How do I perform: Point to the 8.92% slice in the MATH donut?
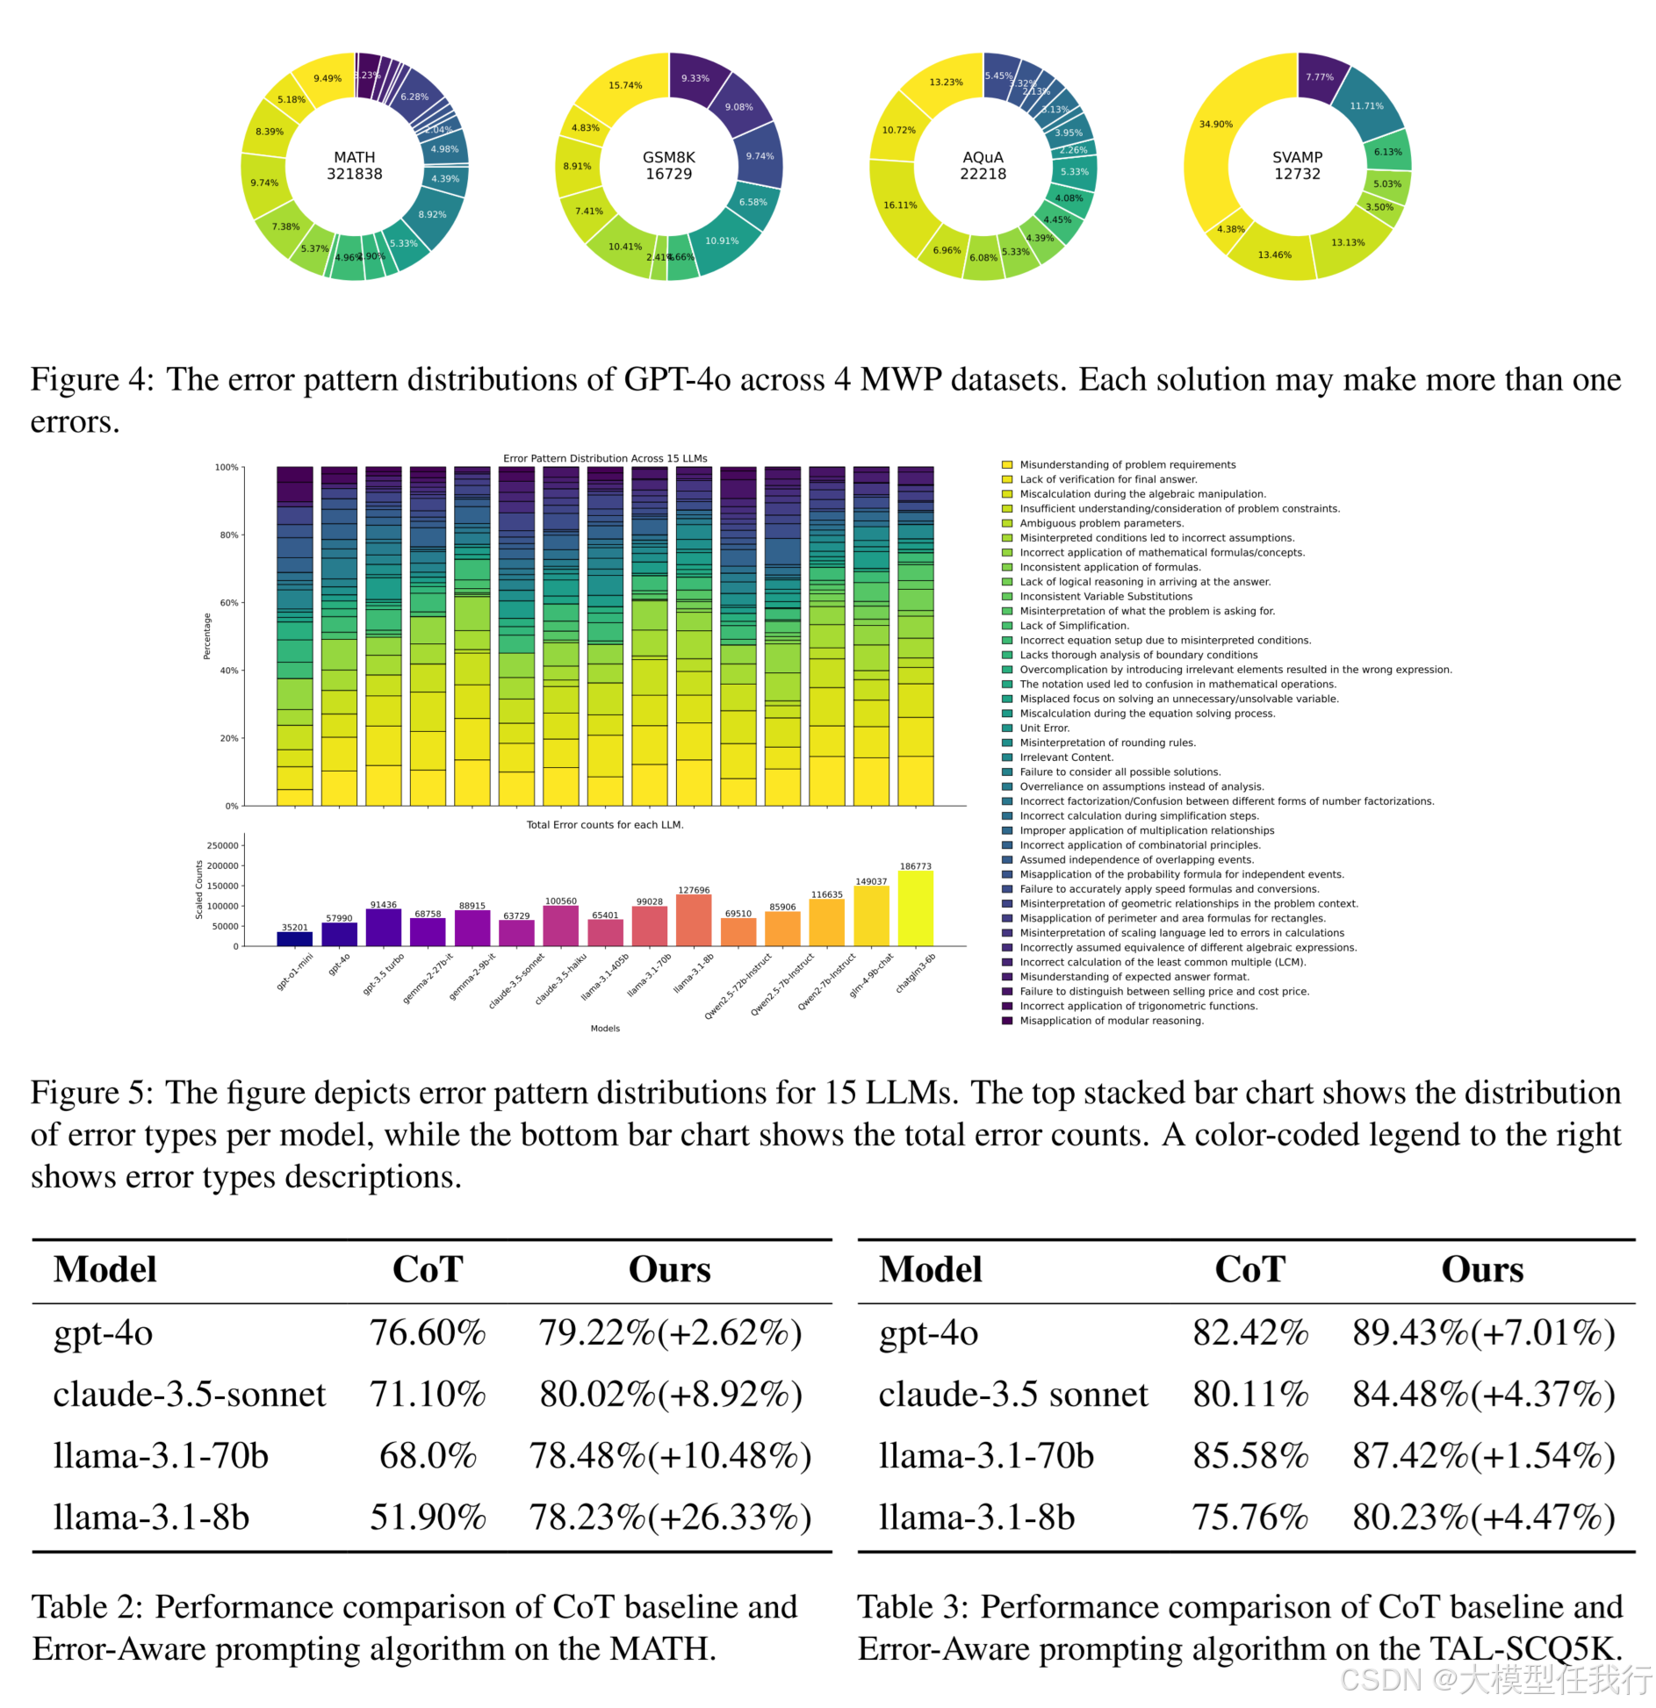pos(432,214)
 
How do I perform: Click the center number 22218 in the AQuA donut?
pos(983,174)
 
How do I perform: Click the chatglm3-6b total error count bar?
pos(915,908)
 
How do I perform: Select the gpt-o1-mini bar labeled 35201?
pos(295,938)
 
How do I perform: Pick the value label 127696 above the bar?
pos(694,890)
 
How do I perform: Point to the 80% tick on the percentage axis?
pos(229,535)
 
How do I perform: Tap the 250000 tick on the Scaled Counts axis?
pos(223,845)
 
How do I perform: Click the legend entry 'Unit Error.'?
pos(1044,728)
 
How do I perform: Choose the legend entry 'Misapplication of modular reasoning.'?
pos(1111,1020)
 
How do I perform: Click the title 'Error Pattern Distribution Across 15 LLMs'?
pos(605,458)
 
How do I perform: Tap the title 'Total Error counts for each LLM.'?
pos(605,824)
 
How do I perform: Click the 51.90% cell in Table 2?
pos(428,1518)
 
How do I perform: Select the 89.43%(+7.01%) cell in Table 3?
pos(1483,1333)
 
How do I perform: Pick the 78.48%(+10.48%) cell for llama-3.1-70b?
pos(670,1456)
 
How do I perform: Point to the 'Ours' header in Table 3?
pos(1482,1270)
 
